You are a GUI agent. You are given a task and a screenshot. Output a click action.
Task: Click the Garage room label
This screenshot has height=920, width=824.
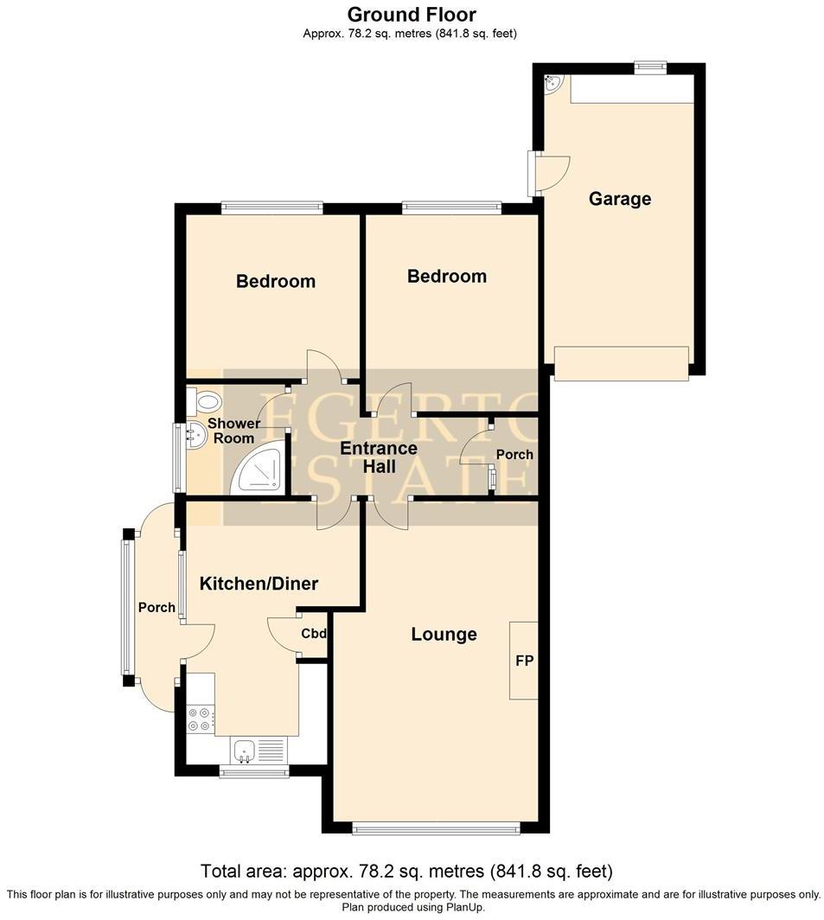click(619, 199)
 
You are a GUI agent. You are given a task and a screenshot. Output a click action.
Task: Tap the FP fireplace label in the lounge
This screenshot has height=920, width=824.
click(524, 661)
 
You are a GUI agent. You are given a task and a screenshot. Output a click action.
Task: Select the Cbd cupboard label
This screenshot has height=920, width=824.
click(314, 634)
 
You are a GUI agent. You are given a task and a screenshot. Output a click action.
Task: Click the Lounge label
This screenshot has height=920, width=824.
click(444, 635)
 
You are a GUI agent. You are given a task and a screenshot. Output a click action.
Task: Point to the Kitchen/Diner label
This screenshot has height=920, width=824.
click(259, 584)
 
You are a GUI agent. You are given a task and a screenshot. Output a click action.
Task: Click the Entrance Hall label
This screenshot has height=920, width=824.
click(379, 457)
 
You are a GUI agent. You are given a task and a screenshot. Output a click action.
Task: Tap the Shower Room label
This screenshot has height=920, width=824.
click(234, 431)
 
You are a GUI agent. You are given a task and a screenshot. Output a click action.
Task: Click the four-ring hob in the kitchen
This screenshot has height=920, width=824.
click(201, 719)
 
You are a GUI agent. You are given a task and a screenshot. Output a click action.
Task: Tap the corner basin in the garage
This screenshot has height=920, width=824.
click(553, 83)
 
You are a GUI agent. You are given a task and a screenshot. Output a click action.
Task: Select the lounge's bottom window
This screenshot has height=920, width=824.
click(437, 829)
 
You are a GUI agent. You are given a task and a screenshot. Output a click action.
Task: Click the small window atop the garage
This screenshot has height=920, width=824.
click(649, 67)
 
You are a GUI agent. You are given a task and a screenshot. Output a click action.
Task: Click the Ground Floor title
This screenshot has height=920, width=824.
click(411, 14)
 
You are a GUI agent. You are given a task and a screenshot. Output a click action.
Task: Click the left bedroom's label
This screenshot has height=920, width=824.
click(276, 281)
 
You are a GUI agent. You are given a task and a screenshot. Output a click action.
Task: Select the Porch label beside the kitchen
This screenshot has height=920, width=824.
click(156, 608)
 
